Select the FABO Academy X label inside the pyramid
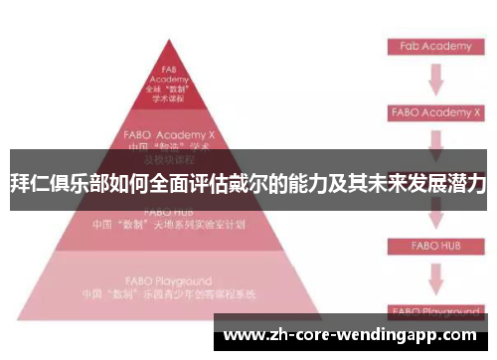[x=169, y=131]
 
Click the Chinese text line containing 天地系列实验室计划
[x=169, y=225]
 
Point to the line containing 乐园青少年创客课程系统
[x=169, y=295]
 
